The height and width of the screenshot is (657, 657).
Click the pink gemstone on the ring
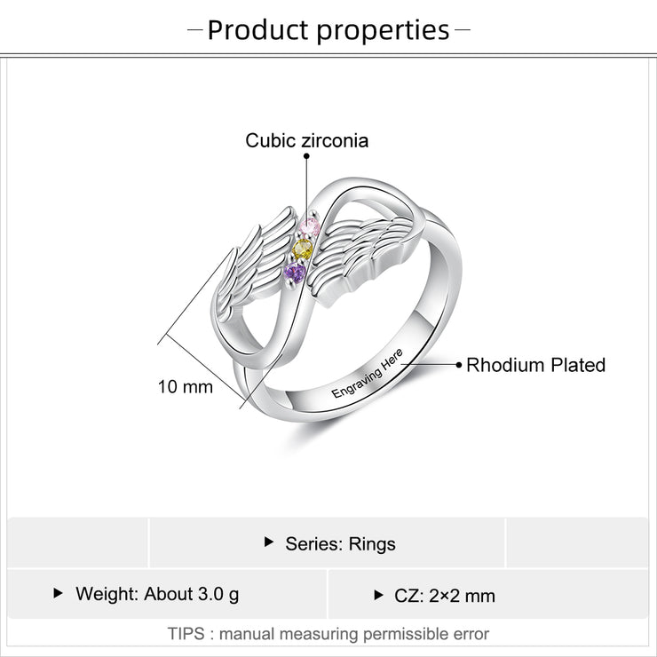pos(311,227)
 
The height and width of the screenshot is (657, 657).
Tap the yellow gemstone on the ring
pos(303,249)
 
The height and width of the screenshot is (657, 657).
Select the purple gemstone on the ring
pos(295,273)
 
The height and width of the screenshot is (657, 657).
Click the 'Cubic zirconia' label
pos(306,140)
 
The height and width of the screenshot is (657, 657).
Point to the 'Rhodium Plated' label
pos(536,365)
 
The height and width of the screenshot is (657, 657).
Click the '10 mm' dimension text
pos(186,387)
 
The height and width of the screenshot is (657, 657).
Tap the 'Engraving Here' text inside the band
pos(367,373)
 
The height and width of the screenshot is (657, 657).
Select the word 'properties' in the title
pos(383,31)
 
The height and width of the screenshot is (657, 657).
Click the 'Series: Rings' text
pos(340,544)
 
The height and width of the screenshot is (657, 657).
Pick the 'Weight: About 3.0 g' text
pos(157,594)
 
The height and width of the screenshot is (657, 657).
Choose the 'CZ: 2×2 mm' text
pos(445,596)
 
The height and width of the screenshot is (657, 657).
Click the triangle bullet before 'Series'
pos(269,542)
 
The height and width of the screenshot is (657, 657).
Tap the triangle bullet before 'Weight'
pos(59,593)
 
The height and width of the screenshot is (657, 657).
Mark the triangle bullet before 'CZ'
pos(378,595)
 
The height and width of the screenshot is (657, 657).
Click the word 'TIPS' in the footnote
pos(186,634)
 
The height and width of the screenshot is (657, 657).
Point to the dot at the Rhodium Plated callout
pos(459,365)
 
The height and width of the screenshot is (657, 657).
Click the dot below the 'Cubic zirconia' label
pos(306,156)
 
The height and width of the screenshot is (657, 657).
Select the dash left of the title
pos(194,30)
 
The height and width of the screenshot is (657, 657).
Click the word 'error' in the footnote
pos(470,634)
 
